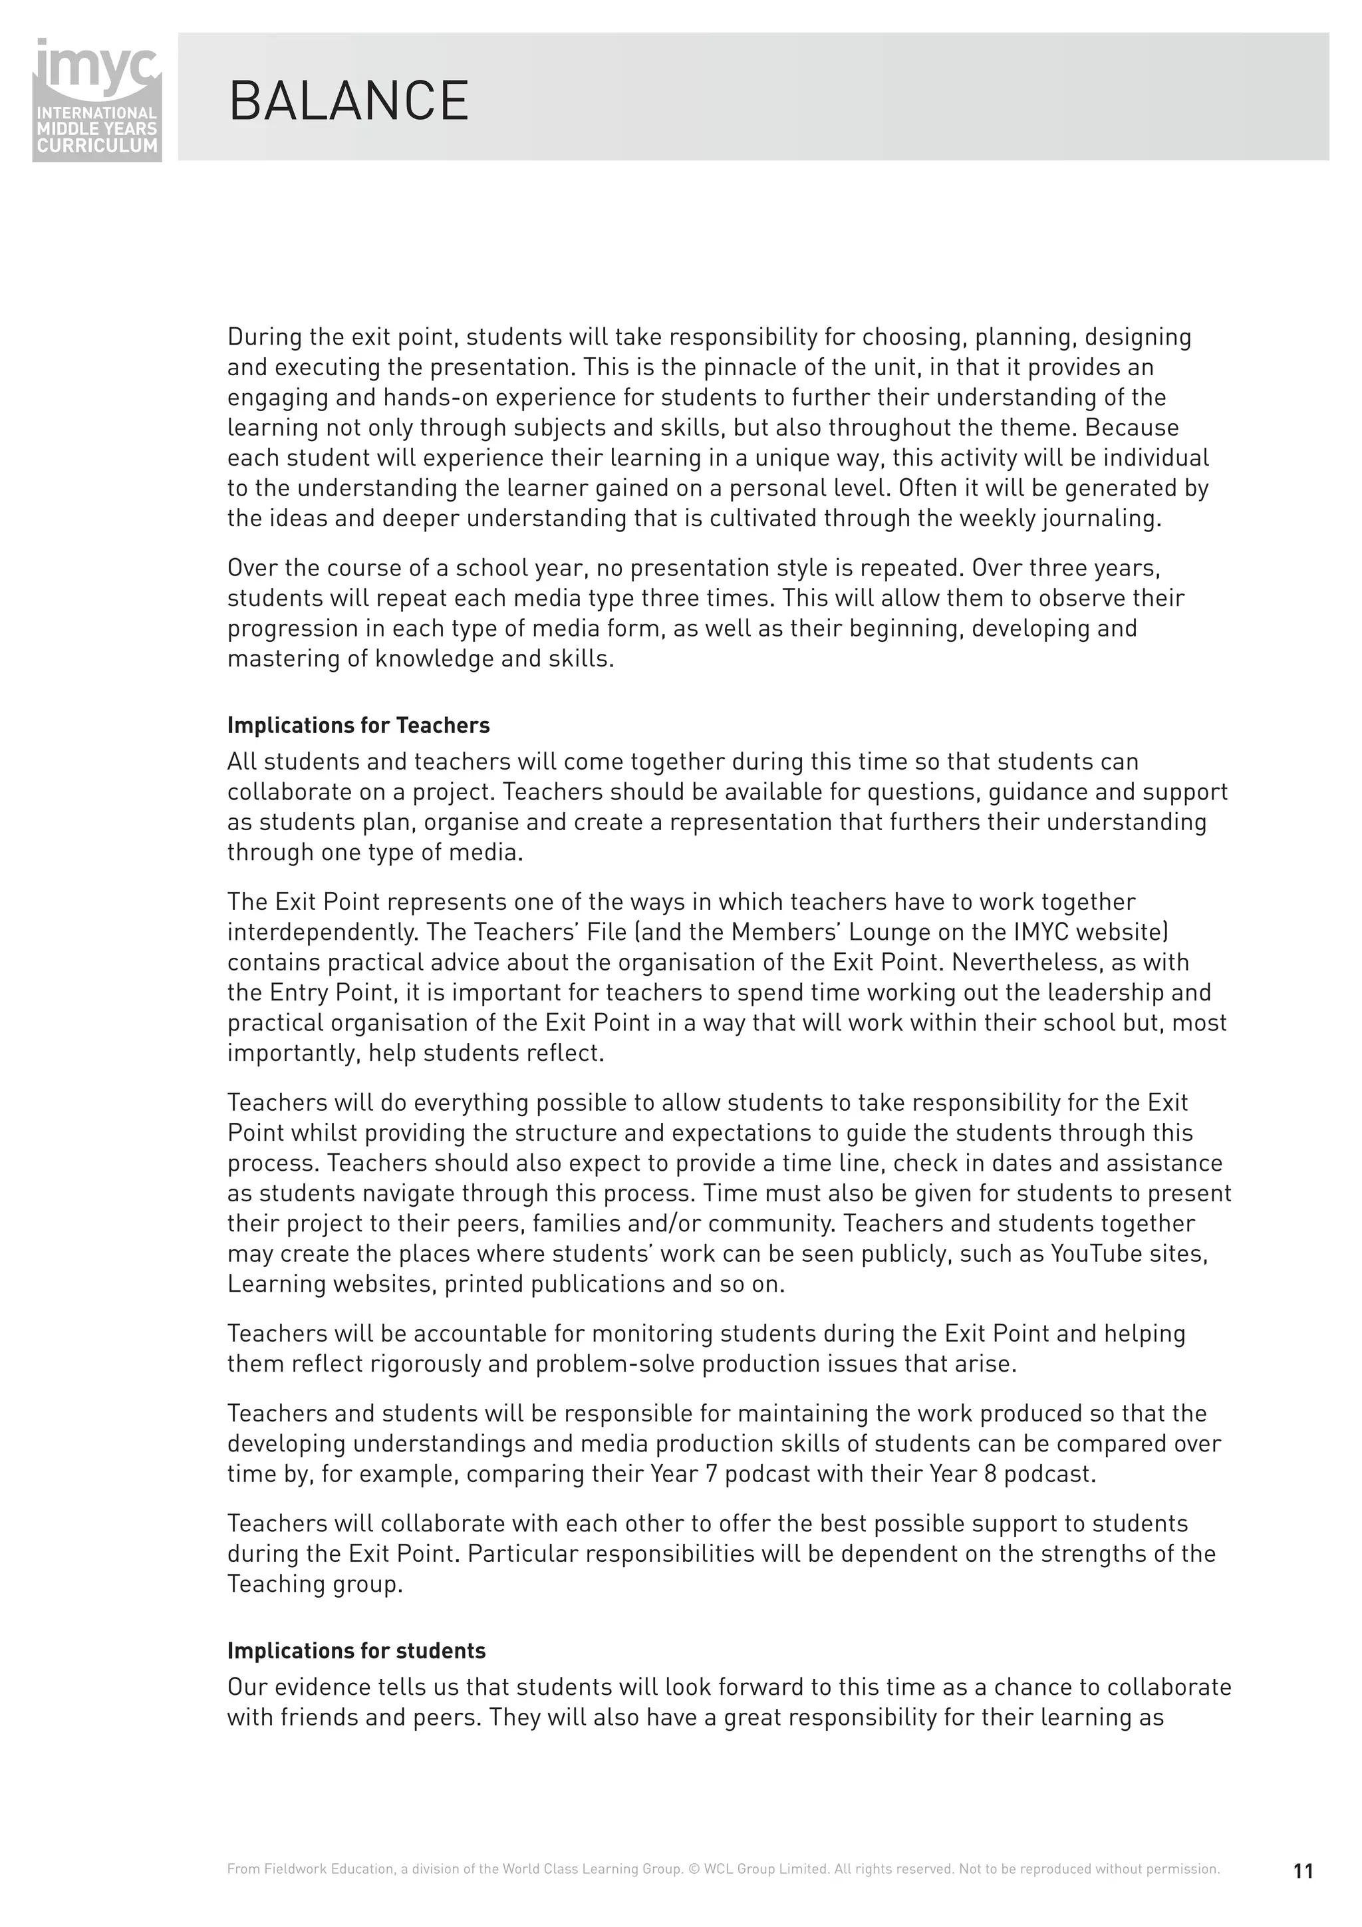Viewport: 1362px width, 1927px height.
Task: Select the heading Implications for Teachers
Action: point(358,725)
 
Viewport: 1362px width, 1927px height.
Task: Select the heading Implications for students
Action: point(356,1651)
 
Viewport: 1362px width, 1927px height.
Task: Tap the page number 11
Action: point(1302,1870)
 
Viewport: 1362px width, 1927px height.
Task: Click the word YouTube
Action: point(1100,1254)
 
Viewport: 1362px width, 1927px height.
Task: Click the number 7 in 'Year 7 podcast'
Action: point(711,1475)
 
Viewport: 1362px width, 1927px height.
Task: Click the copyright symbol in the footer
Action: point(693,1869)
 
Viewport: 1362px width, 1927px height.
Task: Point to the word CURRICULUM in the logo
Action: point(97,145)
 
